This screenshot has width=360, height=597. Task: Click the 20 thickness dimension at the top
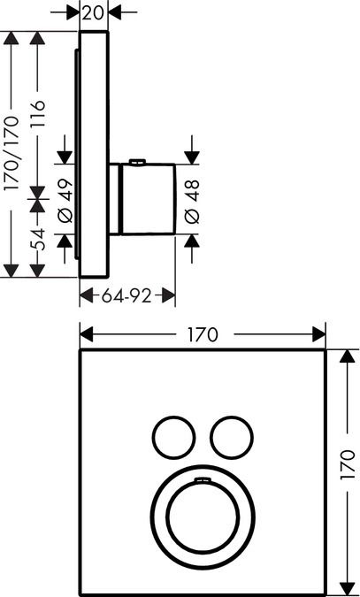coord(94,13)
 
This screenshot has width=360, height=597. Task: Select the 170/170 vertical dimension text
coord(11,154)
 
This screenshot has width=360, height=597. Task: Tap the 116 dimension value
coord(38,114)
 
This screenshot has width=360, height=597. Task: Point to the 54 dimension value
coord(38,240)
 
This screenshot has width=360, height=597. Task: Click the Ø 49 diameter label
coord(65,200)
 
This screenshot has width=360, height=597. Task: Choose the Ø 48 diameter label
coord(192,201)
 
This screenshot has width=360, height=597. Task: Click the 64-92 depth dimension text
coord(126,295)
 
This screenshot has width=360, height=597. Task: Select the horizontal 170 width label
coord(203,335)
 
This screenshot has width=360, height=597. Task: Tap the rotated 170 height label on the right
coord(347,465)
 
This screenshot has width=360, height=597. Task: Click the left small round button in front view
coord(174,438)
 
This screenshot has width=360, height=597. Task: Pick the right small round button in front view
coord(232,438)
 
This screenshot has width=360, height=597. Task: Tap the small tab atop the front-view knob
coord(203,479)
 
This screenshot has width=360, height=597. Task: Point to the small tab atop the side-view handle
coord(137,163)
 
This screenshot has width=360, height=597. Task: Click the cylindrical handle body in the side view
coord(148,199)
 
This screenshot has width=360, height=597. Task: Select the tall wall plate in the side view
coord(94,155)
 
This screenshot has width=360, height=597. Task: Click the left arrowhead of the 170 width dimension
coord(87,334)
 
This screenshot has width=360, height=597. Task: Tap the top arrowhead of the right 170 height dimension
coord(347,356)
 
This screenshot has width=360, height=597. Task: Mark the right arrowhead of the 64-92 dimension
coord(168,295)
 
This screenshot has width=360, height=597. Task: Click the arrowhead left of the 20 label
coord(73,12)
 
